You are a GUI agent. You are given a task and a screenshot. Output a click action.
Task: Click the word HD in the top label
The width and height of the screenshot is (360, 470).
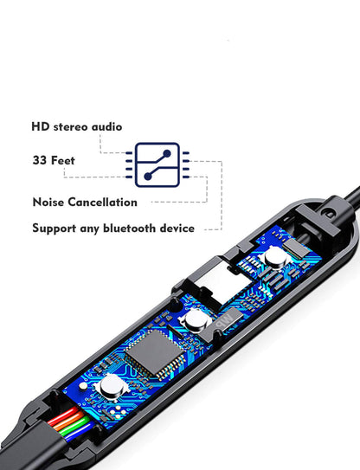tap(40, 126)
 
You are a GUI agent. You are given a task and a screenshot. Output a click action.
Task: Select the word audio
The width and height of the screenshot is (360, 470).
tap(106, 126)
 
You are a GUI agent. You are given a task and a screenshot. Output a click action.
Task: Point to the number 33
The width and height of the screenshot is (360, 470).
tap(40, 160)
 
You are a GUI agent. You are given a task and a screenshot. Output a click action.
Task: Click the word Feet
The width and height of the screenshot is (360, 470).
tap(62, 160)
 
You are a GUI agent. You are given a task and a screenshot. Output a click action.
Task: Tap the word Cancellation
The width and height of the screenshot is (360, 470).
tap(102, 202)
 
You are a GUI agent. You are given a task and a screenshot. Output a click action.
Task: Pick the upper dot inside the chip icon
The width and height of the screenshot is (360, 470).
tap(167, 153)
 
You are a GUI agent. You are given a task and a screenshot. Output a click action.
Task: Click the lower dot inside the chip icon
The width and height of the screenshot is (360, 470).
tap(148, 177)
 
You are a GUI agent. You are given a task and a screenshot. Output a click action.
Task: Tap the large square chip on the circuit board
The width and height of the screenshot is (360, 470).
tap(154, 352)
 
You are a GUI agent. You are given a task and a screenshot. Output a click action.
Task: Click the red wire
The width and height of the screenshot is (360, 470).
tap(62, 416)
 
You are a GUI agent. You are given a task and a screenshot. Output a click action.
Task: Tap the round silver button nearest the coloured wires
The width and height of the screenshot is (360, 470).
tap(112, 387)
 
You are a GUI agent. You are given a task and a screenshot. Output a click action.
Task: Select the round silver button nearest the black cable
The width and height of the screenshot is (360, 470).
tap(276, 257)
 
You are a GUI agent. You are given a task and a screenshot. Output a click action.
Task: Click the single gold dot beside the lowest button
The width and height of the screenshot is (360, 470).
tap(83, 386)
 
